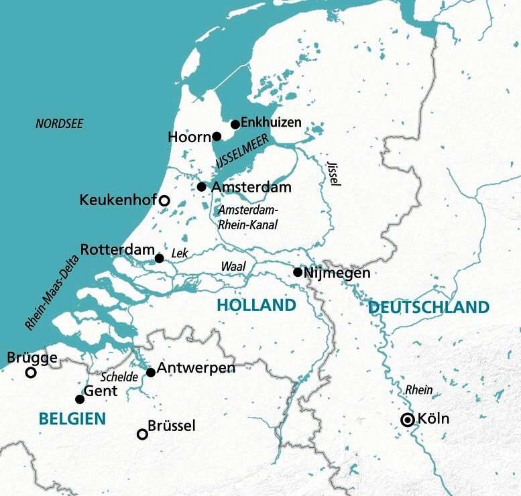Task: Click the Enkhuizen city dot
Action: (x=235, y=124)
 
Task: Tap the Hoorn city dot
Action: (x=217, y=137)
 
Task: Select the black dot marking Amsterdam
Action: (x=202, y=187)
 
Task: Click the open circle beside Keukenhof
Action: (x=164, y=200)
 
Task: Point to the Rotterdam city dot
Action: (x=159, y=258)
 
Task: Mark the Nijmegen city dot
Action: (x=298, y=272)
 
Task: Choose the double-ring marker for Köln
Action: (x=407, y=420)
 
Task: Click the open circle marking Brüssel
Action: (x=142, y=434)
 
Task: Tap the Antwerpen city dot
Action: (x=151, y=372)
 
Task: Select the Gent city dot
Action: (x=80, y=399)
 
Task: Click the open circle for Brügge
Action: (x=30, y=373)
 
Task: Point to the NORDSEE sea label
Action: (x=59, y=123)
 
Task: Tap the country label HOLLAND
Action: (x=256, y=306)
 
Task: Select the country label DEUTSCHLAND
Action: (x=428, y=308)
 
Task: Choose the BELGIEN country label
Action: (x=72, y=420)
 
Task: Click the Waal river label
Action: (x=233, y=266)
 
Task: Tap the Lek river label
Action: (x=178, y=253)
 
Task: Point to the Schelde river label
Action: (x=120, y=377)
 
